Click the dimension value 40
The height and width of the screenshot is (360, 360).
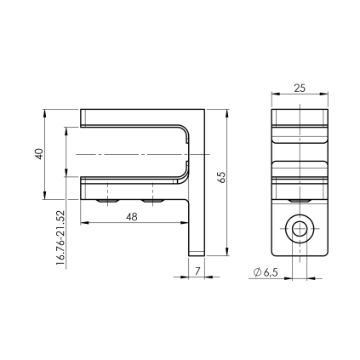coord(40,154)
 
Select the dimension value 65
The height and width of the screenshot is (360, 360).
coord(222,177)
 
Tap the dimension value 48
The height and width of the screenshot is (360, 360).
coord(132,217)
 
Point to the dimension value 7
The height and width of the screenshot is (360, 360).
coord(197,271)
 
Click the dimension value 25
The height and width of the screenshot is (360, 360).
coord(300,89)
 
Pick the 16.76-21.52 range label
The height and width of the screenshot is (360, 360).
coord(60,237)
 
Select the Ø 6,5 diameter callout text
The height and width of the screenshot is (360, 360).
coord(266,272)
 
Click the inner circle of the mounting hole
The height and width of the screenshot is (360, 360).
coord(300,229)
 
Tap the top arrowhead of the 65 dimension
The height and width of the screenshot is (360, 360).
coord(227,113)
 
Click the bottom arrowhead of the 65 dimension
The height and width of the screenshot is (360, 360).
coord(227,252)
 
